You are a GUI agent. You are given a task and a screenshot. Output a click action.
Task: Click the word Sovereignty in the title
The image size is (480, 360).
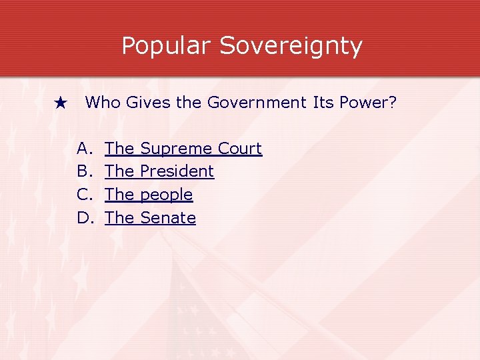pyautogui.click(x=291, y=46)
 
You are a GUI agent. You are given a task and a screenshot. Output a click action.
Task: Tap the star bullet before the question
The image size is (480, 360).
pyautogui.click(x=61, y=103)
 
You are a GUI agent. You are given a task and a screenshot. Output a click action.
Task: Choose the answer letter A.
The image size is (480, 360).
pyautogui.click(x=83, y=148)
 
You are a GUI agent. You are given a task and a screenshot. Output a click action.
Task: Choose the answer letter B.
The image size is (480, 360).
pyautogui.click(x=83, y=171)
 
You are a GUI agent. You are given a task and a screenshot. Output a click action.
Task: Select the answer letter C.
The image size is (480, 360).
pyautogui.click(x=83, y=195)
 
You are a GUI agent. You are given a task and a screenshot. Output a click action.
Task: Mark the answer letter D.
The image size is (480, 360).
pyautogui.click(x=84, y=218)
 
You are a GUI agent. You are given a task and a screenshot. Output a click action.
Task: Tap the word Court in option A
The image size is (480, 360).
pyautogui.click(x=240, y=148)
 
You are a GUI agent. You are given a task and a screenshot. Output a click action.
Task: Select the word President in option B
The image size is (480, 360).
pyautogui.click(x=177, y=171)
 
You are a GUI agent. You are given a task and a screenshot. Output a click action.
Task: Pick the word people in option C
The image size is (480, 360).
pyautogui.click(x=166, y=195)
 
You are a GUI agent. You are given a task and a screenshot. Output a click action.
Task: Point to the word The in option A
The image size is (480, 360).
pyautogui.click(x=119, y=148)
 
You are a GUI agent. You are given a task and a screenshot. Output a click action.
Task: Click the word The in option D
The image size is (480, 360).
pyautogui.click(x=119, y=218)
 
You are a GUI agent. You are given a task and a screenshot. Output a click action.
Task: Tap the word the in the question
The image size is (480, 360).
pyautogui.click(x=190, y=103)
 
